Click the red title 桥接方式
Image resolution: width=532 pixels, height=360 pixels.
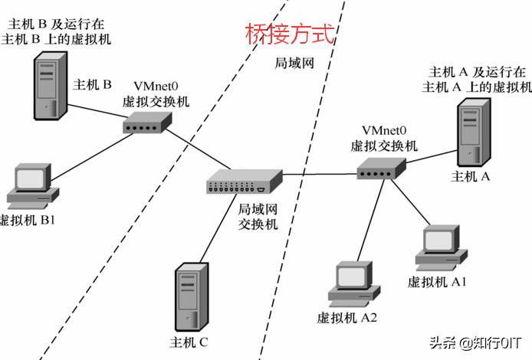click(290, 34)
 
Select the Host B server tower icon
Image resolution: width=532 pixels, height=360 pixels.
click(45, 88)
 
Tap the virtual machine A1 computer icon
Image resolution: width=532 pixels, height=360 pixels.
click(440, 246)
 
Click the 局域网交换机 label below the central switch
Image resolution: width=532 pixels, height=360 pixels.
click(258, 217)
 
